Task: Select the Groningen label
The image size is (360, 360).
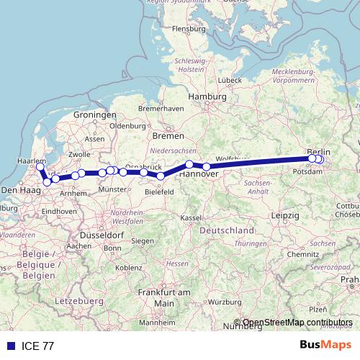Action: click(x=94, y=115)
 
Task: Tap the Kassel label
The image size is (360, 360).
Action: click(x=191, y=217)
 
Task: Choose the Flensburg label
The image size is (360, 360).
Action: click(x=189, y=29)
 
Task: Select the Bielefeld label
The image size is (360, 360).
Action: click(x=160, y=192)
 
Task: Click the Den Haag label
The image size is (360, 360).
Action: click(x=19, y=189)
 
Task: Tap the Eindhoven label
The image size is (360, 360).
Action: click(x=59, y=210)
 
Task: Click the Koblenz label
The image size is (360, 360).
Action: click(x=128, y=267)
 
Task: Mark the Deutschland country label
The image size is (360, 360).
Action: click(x=226, y=230)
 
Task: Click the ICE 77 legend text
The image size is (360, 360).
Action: click(x=37, y=346)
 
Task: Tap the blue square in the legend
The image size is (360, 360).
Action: click(x=11, y=346)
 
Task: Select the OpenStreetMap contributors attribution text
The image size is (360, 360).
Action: click(x=297, y=323)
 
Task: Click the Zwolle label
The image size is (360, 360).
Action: click(x=78, y=154)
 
